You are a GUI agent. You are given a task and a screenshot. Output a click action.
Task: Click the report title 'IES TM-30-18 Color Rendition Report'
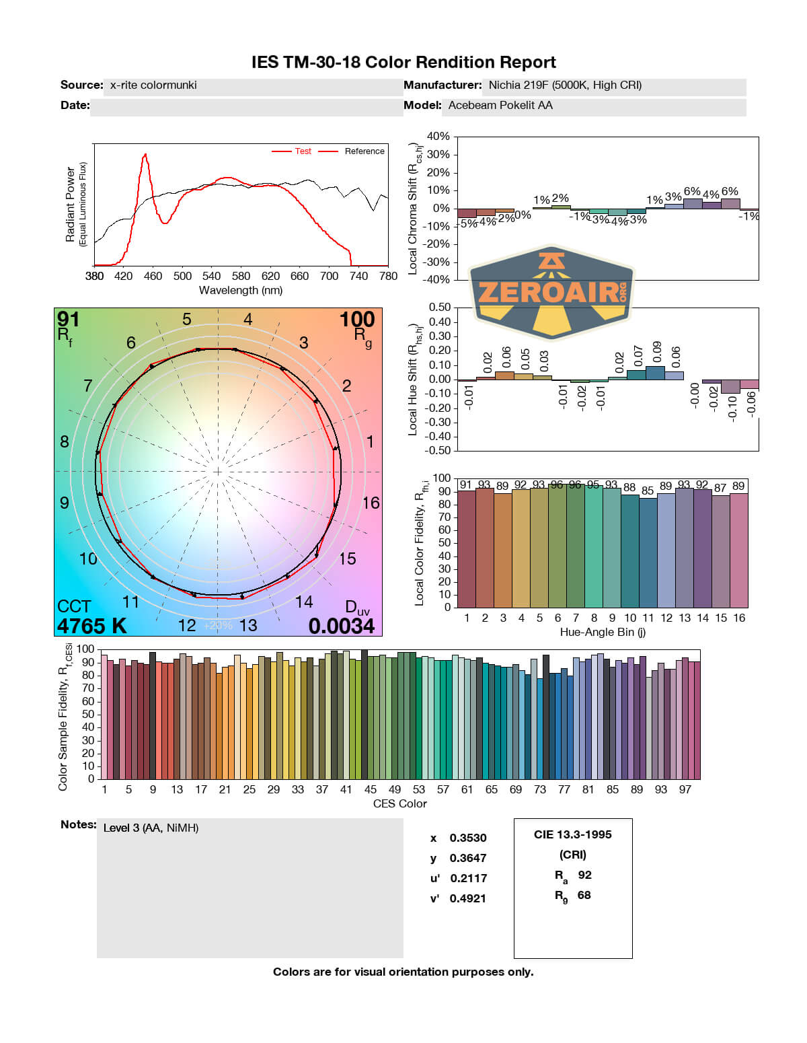click(x=403, y=63)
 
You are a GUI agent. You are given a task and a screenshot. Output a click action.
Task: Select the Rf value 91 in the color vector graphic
click(x=68, y=318)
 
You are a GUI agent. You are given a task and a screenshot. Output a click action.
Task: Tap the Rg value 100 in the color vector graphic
click(x=356, y=319)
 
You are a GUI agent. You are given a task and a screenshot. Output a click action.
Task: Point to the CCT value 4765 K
click(x=91, y=626)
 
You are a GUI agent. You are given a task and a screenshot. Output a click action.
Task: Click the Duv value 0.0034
click(x=341, y=626)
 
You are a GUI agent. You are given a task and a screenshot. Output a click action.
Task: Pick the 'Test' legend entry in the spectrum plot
click(x=303, y=151)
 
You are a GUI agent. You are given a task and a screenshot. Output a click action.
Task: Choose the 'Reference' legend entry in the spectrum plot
click(x=364, y=151)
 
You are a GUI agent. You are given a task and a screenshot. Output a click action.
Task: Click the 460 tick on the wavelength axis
click(x=153, y=276)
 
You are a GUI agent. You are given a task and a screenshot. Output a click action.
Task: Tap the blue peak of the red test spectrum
click(x=145, y=155)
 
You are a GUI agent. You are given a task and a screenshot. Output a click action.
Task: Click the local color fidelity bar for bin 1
click(x=466, y=548)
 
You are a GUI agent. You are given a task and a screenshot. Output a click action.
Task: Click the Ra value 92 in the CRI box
click(x=584, y=875)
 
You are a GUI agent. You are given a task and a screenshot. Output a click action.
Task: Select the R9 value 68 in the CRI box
click(x=584, y=895)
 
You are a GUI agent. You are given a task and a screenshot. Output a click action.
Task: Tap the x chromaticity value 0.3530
click(x=468, y=838)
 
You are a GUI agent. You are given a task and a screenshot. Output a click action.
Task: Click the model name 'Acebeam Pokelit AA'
click(x=500, y=105)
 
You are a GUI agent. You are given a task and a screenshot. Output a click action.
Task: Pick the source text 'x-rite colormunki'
click(x=153, y=85)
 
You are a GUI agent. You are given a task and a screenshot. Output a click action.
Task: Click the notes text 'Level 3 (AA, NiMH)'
click(x=151, y=828)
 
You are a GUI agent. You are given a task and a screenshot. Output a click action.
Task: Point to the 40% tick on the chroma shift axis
click(x=438, y=137)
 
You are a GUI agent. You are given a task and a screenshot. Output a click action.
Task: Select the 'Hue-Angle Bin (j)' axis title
click(x=603, y=632)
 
